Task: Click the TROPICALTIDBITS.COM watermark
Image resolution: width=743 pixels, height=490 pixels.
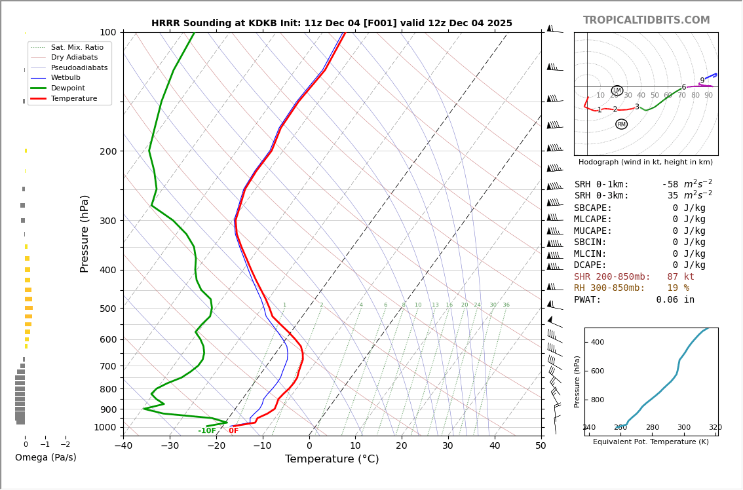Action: coord(646,20)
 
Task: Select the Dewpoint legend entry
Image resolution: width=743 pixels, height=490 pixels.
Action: coord(69,88)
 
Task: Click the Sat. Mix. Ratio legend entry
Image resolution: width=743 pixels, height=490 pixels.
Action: coord(77,47)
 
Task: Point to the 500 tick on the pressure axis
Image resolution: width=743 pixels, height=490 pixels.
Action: coord(107,309)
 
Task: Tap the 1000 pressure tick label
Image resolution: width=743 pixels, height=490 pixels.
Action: coord(105,427)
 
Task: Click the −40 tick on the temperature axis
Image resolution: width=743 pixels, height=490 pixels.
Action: coord(123,446)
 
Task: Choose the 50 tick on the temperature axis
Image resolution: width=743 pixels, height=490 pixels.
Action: coord(541,446)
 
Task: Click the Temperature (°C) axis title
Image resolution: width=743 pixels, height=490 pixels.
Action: coord(332,459)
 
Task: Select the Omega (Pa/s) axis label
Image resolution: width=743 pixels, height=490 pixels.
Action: coord(45,457)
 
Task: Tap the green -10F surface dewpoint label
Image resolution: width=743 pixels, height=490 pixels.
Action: coord(207,431)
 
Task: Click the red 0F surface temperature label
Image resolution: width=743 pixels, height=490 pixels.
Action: coord(233,431)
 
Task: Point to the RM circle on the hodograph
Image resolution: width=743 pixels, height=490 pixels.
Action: coord(621,124)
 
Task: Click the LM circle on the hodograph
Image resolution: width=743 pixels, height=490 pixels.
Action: coord(617,90)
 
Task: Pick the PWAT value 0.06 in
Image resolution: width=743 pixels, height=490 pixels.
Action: coord(675,299)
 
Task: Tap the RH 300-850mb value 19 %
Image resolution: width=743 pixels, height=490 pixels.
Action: coord(677,288)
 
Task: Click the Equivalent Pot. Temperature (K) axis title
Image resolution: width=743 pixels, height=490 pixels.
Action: coord(651,442)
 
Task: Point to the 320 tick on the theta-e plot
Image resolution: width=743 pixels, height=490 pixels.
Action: coord(715,428)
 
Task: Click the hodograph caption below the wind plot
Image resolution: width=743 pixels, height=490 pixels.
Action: coord(645,162)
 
